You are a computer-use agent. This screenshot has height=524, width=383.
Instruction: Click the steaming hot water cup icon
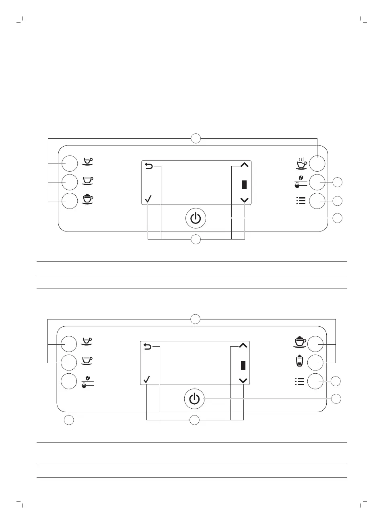point(301,163)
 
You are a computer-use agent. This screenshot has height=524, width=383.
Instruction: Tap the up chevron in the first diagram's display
point(244,165)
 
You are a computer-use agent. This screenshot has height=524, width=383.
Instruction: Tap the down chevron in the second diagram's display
point(243,380)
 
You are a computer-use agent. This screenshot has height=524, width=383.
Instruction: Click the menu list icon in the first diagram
point(301,200)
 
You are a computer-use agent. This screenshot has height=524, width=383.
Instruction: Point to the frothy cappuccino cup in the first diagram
point(87,200)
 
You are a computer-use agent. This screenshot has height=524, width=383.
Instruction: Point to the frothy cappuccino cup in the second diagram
point(300,342)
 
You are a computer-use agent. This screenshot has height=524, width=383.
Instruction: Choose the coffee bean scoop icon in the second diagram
point(87,381)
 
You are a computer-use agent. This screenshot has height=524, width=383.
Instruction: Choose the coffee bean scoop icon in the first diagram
point(301,182)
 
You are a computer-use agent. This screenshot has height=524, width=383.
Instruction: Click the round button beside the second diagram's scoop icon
point(69,381)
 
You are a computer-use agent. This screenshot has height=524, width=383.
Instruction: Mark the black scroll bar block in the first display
point(244,184)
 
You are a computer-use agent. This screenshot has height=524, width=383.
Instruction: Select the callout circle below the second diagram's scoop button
point(69,420)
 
